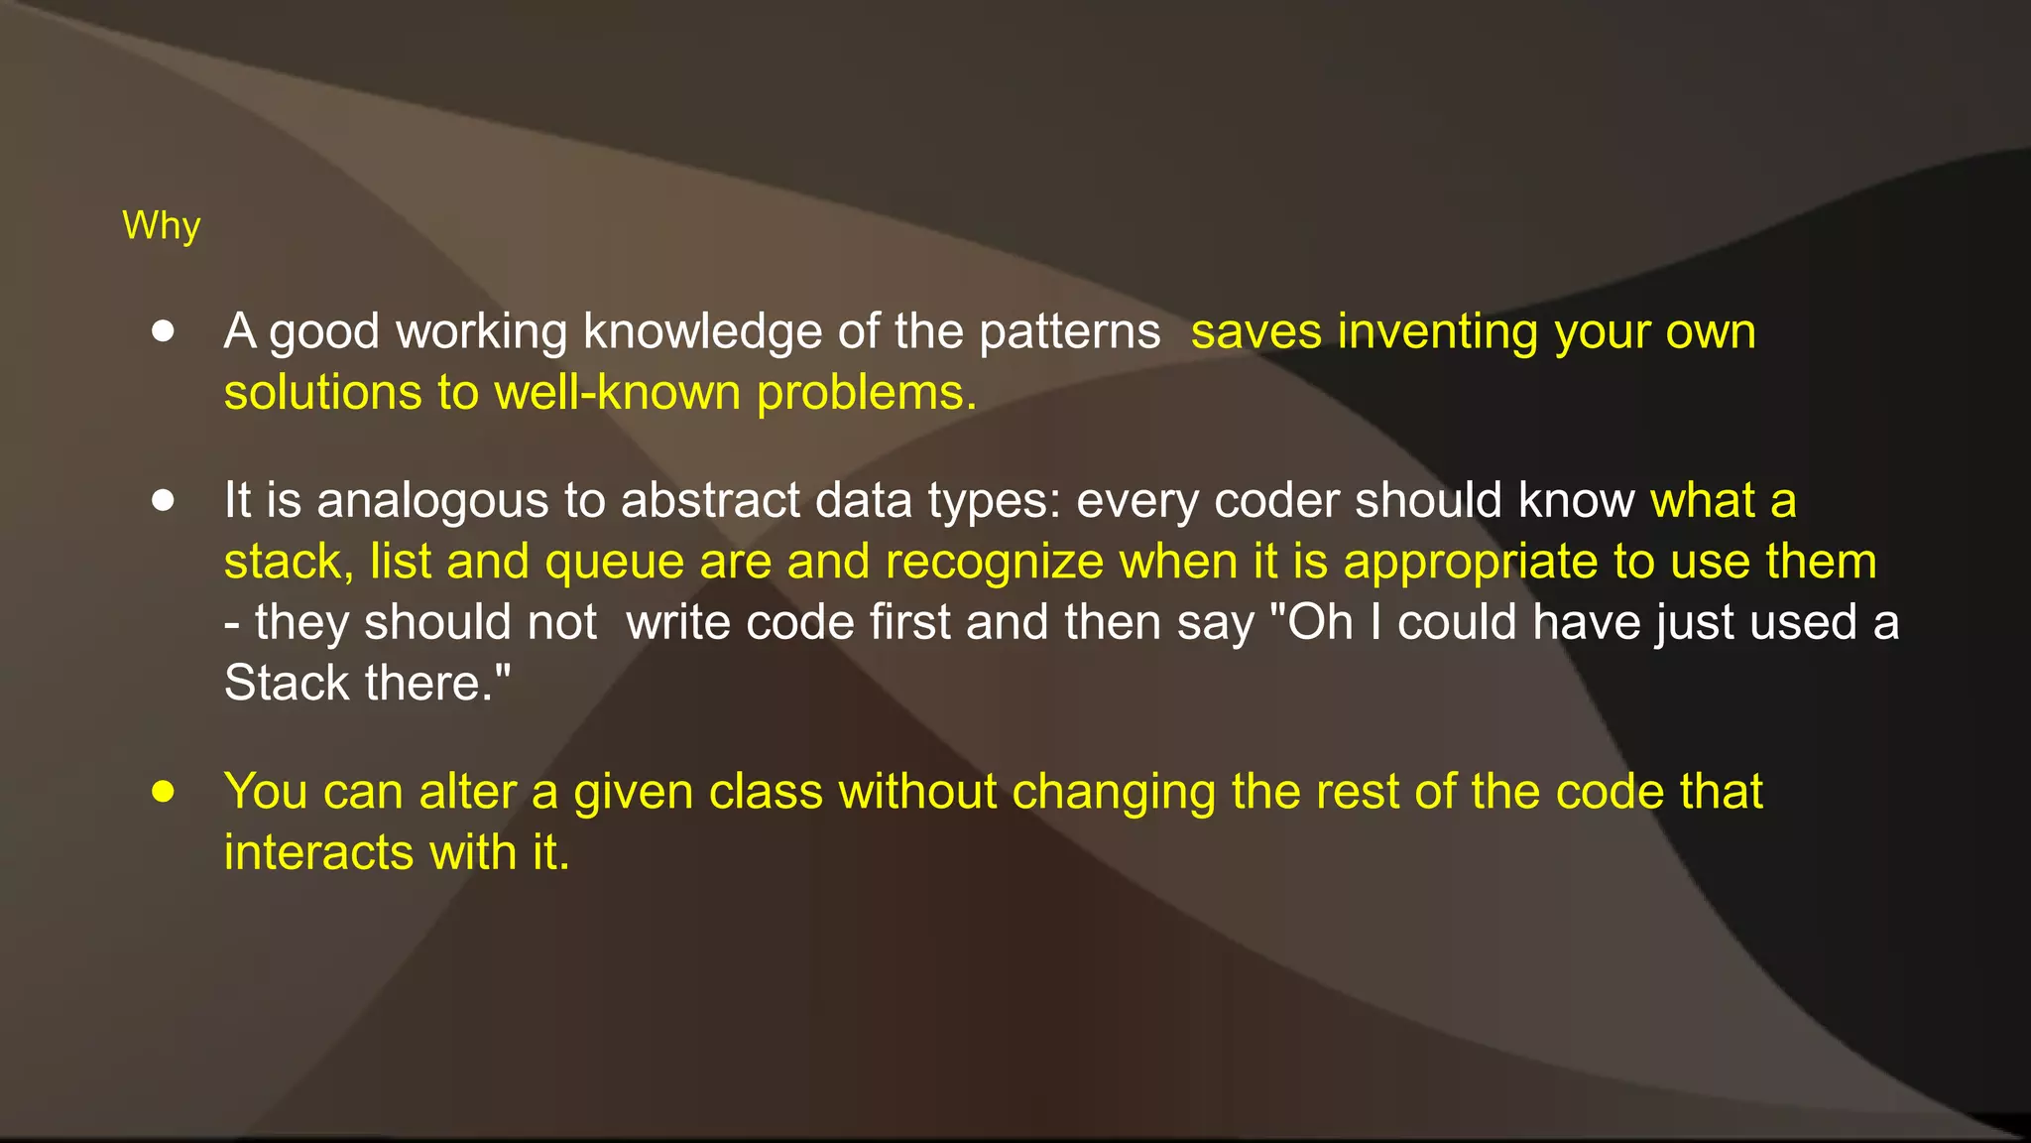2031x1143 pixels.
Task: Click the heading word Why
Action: (161, 226)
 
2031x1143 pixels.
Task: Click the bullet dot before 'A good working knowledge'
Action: (164, 331)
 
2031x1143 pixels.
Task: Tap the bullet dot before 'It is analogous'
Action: (164, 500)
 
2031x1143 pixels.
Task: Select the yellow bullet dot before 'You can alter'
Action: (164, 792)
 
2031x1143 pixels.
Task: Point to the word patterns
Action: (1069, 331)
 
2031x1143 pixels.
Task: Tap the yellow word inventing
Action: (1437, 331)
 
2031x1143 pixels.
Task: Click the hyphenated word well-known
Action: (617, 393)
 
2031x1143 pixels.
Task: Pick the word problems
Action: (866, 393)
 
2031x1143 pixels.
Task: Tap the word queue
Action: (614, 563)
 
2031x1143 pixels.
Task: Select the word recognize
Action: (994, 563)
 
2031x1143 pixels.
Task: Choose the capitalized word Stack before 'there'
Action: (287, 684)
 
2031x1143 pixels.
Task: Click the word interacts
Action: (318, 853)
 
